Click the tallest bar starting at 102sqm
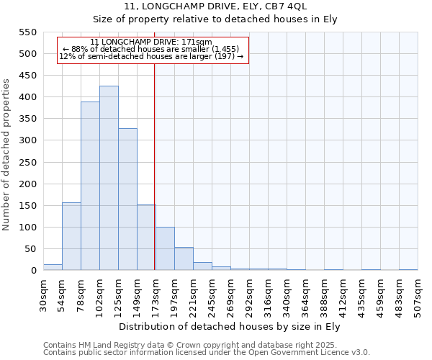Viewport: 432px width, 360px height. coord(109,178)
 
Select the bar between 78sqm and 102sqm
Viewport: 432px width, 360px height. coord(90,186)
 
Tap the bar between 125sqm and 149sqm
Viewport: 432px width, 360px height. coord(127,199)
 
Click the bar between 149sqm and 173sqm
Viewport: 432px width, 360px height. coord(146,238)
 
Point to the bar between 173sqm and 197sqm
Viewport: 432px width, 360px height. coord(165,249)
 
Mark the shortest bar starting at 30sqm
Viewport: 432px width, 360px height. coord(53,267)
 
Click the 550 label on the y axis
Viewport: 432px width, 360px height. coord(27,32)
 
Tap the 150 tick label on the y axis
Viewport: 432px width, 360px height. coord(27,206)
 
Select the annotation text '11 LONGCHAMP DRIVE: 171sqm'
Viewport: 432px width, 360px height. coord(151,42)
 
